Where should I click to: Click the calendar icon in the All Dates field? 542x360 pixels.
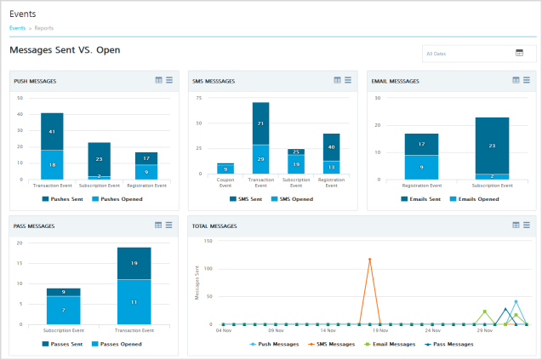pos(519,53)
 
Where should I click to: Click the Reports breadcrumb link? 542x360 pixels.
pos(44,28)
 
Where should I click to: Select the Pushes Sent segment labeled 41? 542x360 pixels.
pos(52,131)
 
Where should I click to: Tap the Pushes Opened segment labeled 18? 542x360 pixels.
pos(52,164)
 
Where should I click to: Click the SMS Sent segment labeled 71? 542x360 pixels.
pos(260,123)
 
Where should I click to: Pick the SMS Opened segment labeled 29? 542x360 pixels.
pos(260,159)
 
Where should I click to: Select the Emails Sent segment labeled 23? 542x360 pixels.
pos(492,145)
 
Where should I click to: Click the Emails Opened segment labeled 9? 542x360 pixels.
pos(421,167)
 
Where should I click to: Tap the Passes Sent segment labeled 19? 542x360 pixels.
pos(134,263)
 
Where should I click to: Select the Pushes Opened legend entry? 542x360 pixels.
pos(118,198)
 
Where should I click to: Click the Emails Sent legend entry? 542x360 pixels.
pos(422,198)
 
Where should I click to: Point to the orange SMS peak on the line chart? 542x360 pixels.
pos(369,260)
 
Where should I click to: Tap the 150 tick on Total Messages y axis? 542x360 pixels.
pos(207,241)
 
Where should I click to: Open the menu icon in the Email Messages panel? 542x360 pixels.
pos(527,80)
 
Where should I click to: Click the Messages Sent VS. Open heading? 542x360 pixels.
pos(65,50)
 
